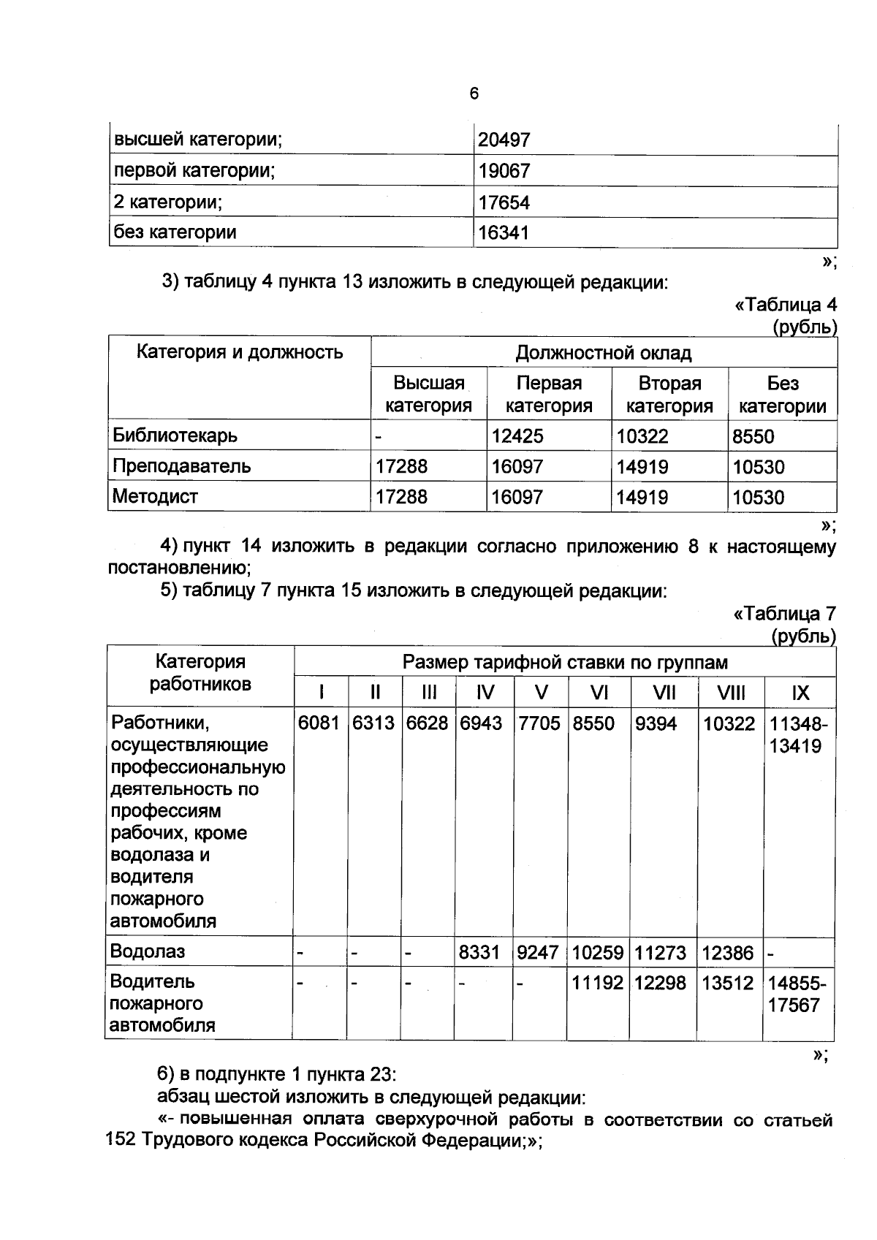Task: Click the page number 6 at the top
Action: click(474, 94)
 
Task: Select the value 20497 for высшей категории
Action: click(504, 140)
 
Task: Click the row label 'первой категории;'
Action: click(194, 171)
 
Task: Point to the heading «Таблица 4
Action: click(785, 305)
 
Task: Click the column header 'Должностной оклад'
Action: click(603, 353)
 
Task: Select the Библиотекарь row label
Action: click(175, 435)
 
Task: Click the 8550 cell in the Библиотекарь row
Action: click(753, 436)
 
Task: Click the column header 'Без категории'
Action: click(782, 395)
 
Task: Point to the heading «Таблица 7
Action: click(784, 614)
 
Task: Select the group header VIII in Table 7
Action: click(731, 693)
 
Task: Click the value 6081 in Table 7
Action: click(319, 723)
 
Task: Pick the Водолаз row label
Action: click(148, 951)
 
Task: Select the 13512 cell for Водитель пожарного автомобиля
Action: click(727, 983)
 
